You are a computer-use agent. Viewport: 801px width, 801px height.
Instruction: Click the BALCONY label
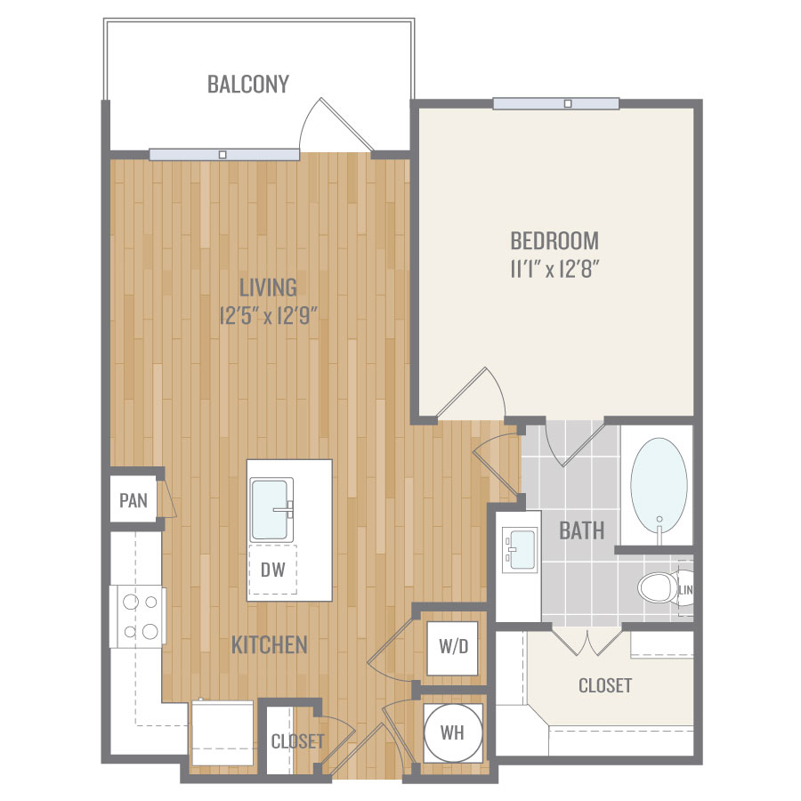tap(248, 85)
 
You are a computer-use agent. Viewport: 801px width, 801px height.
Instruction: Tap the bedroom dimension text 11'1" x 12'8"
tap(554, 268)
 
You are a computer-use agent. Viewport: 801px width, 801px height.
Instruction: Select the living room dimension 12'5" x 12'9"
tap(268, 316)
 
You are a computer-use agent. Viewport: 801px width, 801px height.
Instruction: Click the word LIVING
tap(268, 287)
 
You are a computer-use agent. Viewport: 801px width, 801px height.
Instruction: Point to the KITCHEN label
tap(269, 645)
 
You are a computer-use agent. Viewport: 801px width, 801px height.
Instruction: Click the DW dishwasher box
tap(273, 569)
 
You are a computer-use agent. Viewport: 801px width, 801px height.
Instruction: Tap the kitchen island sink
tap(271, 509)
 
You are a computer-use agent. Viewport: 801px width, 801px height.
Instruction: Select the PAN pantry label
tap(133, 500)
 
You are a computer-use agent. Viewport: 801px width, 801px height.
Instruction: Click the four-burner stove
tap(138, 617)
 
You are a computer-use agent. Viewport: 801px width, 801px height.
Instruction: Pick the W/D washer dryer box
tap(453, 647)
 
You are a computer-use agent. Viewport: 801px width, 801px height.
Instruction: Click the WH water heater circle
tap(453, 732)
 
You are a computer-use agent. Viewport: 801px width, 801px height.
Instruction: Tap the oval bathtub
tap(659, 486)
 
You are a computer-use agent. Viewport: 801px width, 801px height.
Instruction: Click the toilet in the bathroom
tap(658, 587)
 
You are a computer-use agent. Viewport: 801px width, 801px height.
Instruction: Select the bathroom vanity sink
tap(520, 550)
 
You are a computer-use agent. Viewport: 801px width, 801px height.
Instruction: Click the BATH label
tap(582, 530)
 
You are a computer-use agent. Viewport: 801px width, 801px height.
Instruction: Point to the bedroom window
tap(556, 104)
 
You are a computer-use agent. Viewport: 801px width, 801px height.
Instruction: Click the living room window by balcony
tap(224, 154)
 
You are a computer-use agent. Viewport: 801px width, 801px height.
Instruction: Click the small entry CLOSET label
tap(297, 741)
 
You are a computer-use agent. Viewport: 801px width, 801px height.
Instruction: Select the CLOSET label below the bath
tap(605, 685)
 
